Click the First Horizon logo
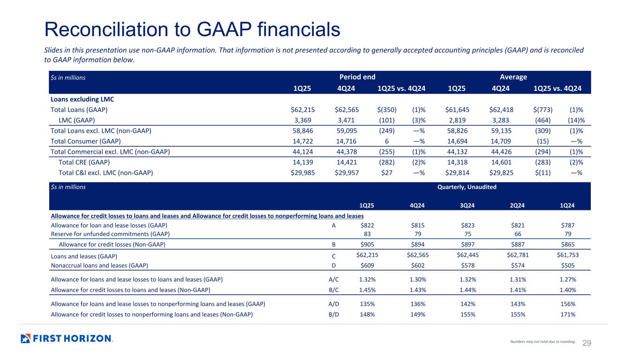click(67, 338)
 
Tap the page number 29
click(587, 343)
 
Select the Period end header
click(357, 77)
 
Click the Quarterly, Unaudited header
click(467, 187)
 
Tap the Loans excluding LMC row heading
click(82, 99)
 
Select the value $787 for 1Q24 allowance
click(567, 225)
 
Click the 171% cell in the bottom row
click(568, 315)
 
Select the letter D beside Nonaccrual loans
click(332, 265)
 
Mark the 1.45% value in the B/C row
click(367, 290)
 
